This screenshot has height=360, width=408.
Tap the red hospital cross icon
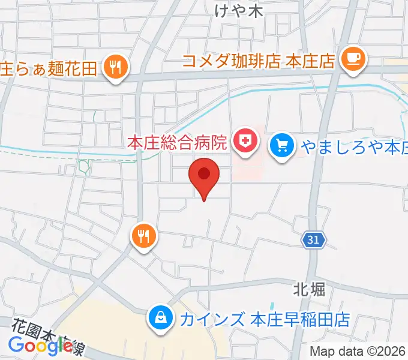(245, 142)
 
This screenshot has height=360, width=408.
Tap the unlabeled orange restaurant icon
(144, 235)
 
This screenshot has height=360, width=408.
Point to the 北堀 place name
(310, 290)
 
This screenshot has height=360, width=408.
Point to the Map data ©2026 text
(358, 351)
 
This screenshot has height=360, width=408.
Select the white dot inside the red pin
(204, 173)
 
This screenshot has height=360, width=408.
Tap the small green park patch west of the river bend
(84, 167)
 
